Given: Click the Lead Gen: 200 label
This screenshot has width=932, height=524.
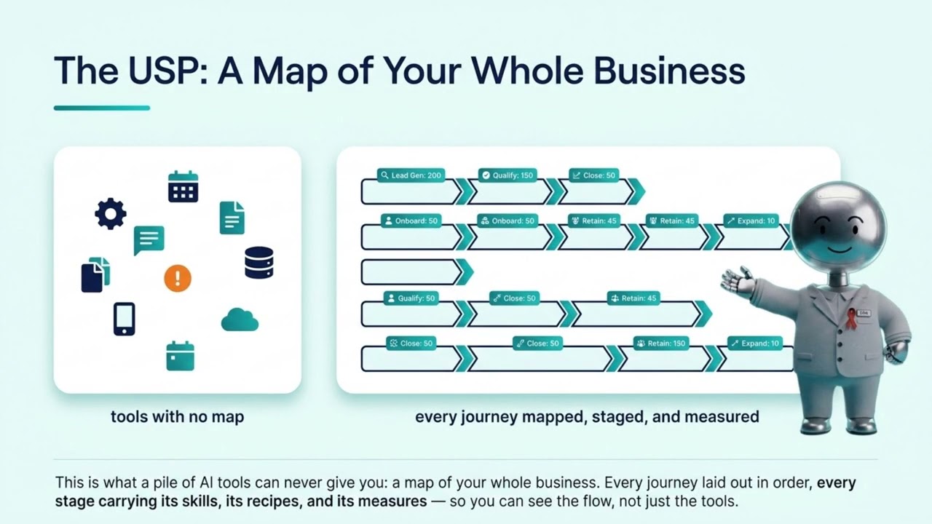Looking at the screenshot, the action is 411,175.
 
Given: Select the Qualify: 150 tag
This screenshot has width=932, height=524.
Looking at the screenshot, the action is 508,175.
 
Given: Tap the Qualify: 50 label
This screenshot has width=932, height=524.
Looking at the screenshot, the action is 411,298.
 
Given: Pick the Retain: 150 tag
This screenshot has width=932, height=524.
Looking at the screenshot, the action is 661,344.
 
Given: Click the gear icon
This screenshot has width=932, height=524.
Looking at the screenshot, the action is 110,214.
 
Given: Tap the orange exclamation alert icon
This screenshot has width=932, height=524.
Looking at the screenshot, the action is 178,278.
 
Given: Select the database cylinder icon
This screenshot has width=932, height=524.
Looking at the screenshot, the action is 258,263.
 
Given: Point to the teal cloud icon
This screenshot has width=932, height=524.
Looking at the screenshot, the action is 240,319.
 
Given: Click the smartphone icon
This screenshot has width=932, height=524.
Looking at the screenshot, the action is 125,319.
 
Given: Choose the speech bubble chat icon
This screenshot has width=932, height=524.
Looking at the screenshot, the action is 149,240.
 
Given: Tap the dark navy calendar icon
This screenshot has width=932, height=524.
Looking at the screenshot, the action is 183,186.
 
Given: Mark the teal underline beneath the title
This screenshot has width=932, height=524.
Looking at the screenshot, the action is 102,108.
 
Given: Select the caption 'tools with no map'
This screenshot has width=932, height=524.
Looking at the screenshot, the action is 177,417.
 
